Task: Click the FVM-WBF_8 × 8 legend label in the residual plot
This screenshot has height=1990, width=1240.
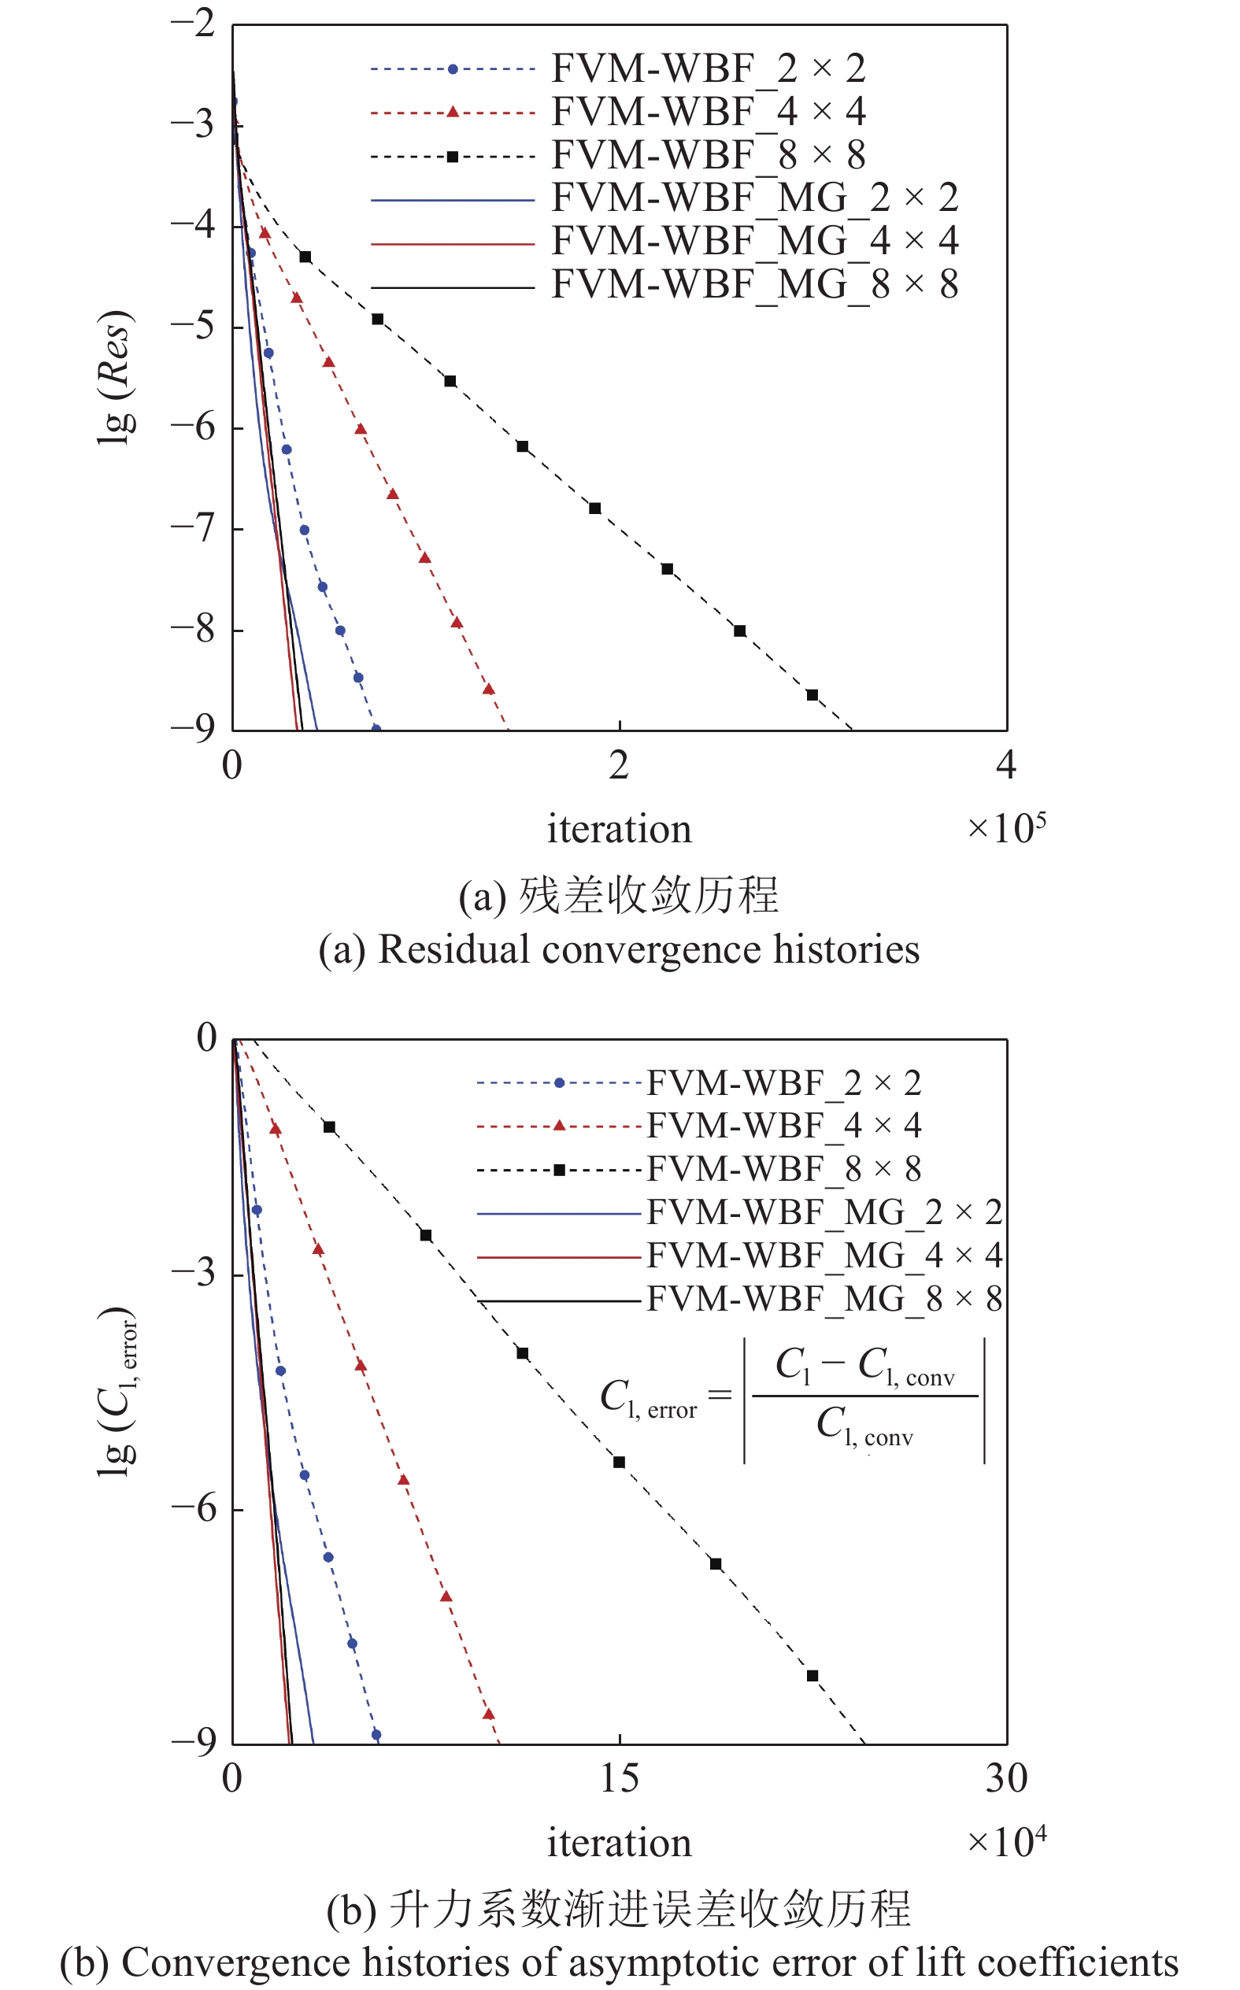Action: pos(709,154)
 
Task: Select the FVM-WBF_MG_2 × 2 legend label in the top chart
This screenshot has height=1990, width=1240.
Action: pos(754,198)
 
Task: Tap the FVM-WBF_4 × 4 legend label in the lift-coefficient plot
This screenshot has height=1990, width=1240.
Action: pos(784,1126)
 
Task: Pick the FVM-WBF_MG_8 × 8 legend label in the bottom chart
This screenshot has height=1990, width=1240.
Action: pos(824,1299)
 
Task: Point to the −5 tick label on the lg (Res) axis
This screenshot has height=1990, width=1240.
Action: pos(194,326)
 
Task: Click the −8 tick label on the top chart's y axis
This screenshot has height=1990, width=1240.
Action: pos(194,629)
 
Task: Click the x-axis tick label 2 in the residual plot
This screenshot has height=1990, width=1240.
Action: pos(619,765)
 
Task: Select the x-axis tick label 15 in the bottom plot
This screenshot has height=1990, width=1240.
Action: pos(619,1778)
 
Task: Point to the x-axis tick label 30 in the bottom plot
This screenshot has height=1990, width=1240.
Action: pos(1006,1778)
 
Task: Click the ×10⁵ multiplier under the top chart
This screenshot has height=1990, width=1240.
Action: pos(1006,827)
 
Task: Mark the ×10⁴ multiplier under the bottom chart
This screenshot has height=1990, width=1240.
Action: pos(1006,1841)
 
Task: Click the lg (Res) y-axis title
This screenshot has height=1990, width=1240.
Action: pos(115,378)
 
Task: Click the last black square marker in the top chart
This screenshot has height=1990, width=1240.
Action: pos(812,695)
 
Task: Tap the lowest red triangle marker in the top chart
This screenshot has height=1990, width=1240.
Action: pos(488,689)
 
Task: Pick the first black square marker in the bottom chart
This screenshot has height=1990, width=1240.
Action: pos(329,1127)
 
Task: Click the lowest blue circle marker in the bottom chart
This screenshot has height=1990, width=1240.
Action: pos(376,1735)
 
